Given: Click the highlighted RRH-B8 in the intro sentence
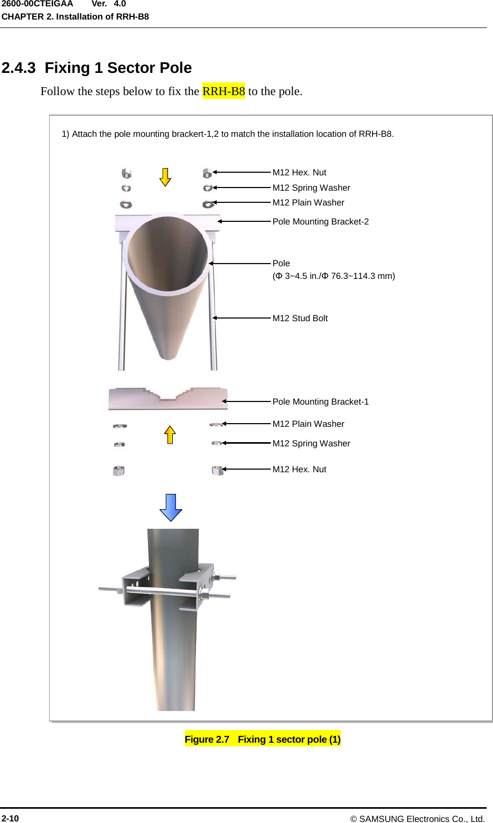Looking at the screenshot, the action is [224, 91].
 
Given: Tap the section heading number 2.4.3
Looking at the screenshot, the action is [18, 68].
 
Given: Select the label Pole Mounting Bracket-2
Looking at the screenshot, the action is [320, 222].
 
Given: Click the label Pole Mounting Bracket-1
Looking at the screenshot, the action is [320, 402].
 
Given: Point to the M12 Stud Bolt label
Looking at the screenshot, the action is [300, 319].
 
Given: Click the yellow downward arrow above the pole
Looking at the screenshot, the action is [165, 177].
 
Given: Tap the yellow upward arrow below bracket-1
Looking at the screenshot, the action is [170, 435].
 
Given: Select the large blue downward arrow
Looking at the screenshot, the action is [171, 507].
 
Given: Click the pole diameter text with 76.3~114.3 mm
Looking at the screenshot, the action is [333, 276].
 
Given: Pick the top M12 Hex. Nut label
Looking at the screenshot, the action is [299, 173].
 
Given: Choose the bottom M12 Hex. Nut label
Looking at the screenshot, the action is [299, 470].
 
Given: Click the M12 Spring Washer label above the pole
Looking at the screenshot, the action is [311, 188].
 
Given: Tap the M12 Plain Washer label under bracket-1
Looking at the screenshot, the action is [308, 424].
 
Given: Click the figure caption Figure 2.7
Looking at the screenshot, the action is [263, 740].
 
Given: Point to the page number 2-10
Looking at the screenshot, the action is [10, 818].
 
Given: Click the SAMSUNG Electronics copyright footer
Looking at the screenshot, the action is [417, 819].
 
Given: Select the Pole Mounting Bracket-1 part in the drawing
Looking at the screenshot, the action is [168, 399].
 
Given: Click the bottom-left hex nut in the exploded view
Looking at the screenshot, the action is [119, 471].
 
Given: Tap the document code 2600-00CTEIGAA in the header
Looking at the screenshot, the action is [37, 4].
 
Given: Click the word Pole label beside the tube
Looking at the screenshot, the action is [281, 264].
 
